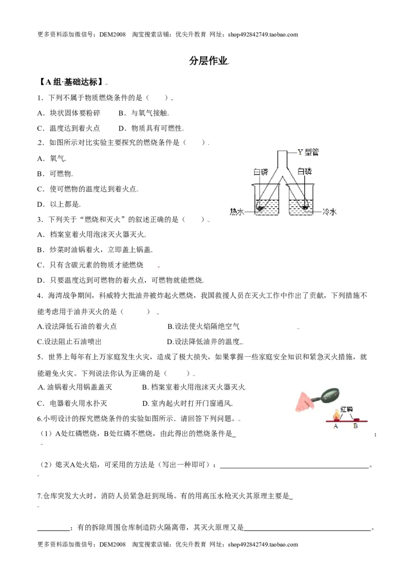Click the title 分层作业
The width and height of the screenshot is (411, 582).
click(x=209, y=61)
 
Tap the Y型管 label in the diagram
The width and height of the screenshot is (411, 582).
click(x=308, y=152)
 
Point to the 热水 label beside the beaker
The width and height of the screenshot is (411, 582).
click(x=237, y=212)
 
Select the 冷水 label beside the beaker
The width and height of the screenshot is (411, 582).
click(x=329, y=212)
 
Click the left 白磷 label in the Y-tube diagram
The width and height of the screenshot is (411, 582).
click(x=260, y=172)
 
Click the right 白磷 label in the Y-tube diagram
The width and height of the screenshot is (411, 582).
click(x=305, y=171)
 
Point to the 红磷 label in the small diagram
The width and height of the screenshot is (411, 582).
click(x=346, y=409)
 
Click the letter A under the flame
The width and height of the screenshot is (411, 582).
click(x=335, y=426)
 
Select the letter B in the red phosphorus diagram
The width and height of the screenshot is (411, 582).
click(x=356, y=426)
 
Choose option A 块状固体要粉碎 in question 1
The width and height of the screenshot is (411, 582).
click(x=69, y=113)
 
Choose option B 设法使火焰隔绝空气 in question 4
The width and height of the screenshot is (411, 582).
click(x=203, y=326)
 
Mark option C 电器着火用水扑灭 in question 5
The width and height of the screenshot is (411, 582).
click(x=72, y=403)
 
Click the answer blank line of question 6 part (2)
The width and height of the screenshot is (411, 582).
click(x=294, y=467)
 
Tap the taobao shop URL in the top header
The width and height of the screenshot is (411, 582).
click(x=263, y=34)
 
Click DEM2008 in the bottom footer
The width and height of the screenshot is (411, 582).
click(x=113, y=544)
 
